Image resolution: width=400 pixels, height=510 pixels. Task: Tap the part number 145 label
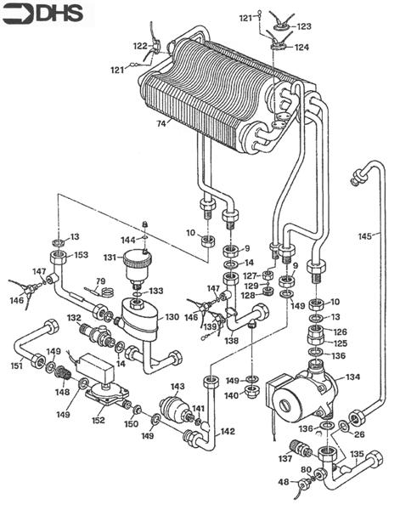[x=365, y=236]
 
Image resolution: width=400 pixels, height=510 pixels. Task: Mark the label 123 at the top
[x=305, y=26]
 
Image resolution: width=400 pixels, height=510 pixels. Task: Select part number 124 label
[x=302, y=48]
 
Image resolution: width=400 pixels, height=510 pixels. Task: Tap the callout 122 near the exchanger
[x=140, y=46]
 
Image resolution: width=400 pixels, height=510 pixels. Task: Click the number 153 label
[x=81, y=254]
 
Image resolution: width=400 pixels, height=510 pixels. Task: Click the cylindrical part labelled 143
[x=175, y=408]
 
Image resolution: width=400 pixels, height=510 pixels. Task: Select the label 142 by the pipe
[x=228, y=431]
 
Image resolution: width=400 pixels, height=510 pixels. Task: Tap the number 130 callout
[x=172, y=316]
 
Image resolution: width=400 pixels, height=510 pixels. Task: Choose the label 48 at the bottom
[x=283, y=483]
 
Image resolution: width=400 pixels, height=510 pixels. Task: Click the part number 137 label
[x=285, y=458]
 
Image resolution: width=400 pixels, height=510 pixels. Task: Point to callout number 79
[x=100, y=280]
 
